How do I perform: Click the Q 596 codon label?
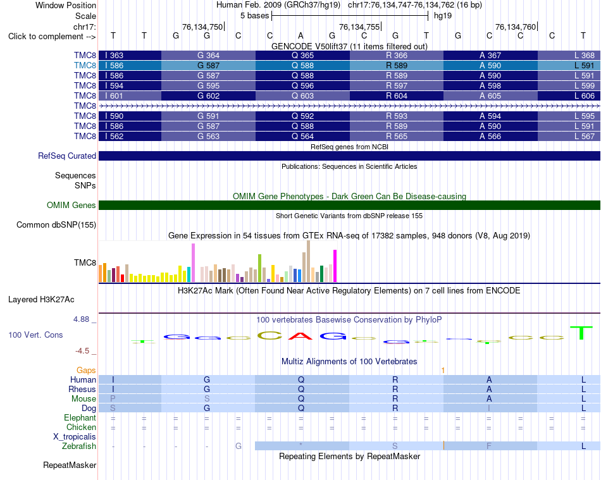[x=302, y=86]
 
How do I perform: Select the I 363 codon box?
[x=130, y=56]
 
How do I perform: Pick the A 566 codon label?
[x=490, y=137]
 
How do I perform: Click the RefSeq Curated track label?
[x=67, y=156]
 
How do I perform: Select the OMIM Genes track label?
[x=71, y=206]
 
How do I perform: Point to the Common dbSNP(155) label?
[x=56, y=225]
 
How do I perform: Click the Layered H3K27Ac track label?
[x=41, y=300]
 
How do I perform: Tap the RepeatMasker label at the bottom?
[x=70, y=465]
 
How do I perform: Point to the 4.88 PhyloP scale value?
[x=81, y=319]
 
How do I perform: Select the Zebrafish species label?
[x=79, y=446]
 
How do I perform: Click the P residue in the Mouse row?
[x=113, y=399]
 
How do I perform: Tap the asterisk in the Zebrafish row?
[x=301, y=445]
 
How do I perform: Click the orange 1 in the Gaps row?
[x=443, y=371]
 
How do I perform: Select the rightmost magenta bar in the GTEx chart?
[x=335, y=266]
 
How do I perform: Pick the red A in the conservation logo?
[x=301, y=336]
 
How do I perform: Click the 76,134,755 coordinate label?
[x=359, y=27]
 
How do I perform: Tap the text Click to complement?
[x=46, y=37]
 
